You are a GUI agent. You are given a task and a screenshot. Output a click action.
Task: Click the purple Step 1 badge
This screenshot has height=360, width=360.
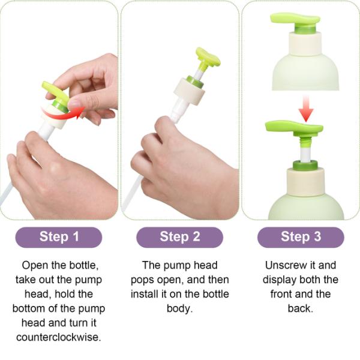coord(59,236)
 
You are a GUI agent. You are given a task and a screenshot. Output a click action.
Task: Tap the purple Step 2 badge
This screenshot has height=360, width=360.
coord(179,236)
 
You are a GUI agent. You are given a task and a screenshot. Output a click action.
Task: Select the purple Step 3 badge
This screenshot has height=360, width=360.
coord(300,236)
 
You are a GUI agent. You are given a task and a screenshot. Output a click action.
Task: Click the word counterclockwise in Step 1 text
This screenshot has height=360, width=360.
coord(59,337)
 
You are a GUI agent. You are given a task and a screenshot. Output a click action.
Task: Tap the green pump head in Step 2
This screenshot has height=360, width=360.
coord(208,59)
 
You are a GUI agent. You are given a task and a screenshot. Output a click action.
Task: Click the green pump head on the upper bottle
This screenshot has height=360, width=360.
coord(295,19)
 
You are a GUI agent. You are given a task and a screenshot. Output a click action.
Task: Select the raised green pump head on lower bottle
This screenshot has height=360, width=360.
coord(294,127)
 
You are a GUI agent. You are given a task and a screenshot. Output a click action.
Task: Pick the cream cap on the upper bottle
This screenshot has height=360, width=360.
coord(305,43)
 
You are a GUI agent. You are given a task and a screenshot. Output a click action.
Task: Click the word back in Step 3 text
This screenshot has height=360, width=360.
coord(300,308)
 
